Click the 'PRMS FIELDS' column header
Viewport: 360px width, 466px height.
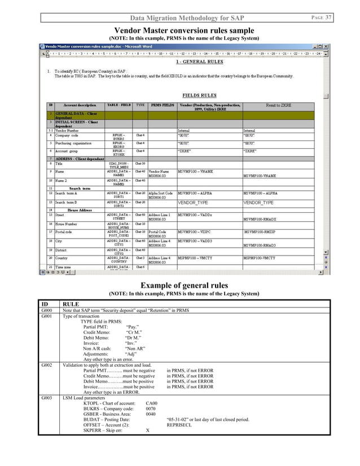coord(162,105)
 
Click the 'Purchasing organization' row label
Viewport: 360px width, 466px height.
coord(74,143)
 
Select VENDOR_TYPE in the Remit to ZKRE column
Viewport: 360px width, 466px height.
coord(258,202)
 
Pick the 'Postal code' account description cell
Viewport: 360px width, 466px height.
coord(65,232)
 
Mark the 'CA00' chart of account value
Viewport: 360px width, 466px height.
coord(151,403)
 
